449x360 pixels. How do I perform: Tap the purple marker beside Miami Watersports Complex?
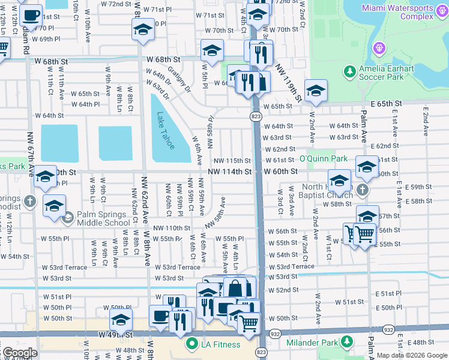coord(379,47)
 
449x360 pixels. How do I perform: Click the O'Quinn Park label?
coord(324,160)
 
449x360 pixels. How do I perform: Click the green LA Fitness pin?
coord(192,344)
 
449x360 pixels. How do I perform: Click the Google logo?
coord(19,353)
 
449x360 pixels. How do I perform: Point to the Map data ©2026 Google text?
coord(412,355)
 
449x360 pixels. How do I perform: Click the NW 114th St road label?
coord(229,172)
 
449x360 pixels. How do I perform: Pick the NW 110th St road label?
coord(172,228)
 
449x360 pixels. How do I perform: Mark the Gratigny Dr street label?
coord(179,79)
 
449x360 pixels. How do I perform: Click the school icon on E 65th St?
coord(315,90)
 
